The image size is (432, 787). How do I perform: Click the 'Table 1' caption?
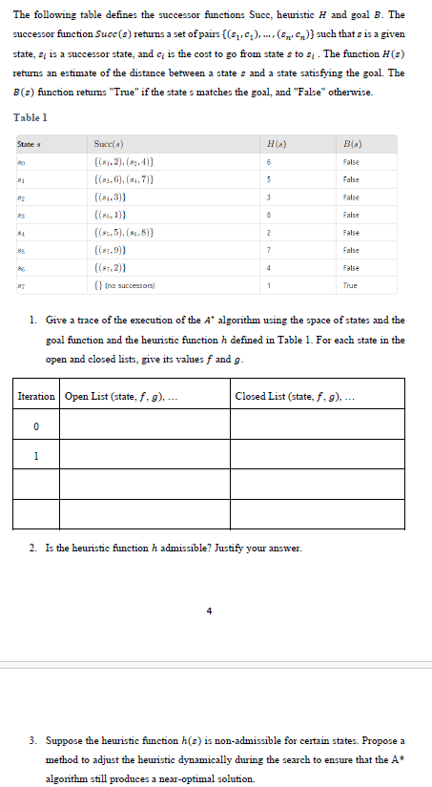tap(30, 117)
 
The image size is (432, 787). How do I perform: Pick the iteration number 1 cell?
tap(35, 455)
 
